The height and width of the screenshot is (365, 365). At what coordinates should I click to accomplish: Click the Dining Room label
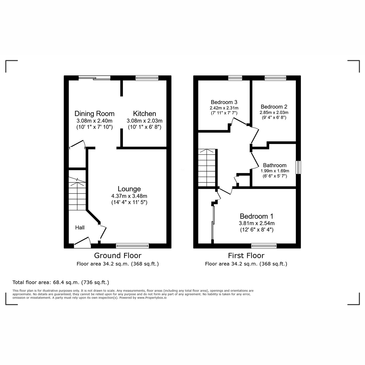click(94, 114)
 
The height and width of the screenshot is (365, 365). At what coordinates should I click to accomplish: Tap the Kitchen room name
click(144, 114)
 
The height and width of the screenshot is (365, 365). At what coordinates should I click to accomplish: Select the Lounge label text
click(129, 189)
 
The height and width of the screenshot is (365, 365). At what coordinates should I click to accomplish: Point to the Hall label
click(80, 228)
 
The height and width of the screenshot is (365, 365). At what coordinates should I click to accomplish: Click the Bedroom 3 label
click(224, 102)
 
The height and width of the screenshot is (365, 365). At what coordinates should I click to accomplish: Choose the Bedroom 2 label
click(274, 107)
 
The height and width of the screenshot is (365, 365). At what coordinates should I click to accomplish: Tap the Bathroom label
click(275, 165)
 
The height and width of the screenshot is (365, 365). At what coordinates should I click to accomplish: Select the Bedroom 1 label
click(256, 216)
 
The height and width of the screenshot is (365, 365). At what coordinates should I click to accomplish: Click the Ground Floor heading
click(118, 255)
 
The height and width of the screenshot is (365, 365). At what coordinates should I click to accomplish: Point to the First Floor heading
click(246, 255)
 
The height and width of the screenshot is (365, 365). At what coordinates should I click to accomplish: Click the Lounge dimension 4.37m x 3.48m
click(129, 196)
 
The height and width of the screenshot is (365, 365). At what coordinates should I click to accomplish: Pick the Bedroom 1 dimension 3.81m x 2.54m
click(256, 223)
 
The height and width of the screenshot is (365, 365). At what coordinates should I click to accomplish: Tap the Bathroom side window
click(298, 167)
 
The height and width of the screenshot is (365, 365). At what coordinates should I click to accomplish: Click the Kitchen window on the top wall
click(147, 78)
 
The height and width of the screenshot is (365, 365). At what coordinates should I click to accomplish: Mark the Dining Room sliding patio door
click(94, 78)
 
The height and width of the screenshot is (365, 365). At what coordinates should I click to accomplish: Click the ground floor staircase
click(77, 195)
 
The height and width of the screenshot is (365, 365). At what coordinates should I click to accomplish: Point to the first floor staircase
click(207, 168)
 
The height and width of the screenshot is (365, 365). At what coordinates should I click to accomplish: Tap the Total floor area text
click(61, 282)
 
